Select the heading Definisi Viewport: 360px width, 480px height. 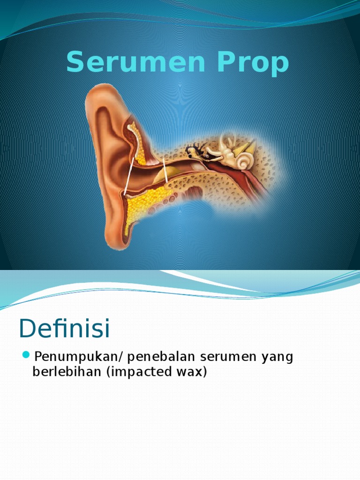point(64,328)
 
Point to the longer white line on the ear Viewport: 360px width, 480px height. point(128,176)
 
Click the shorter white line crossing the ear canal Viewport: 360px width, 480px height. point(165,170)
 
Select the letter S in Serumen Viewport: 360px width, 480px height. point(76,63)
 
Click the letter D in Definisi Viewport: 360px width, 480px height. point(29,328)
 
